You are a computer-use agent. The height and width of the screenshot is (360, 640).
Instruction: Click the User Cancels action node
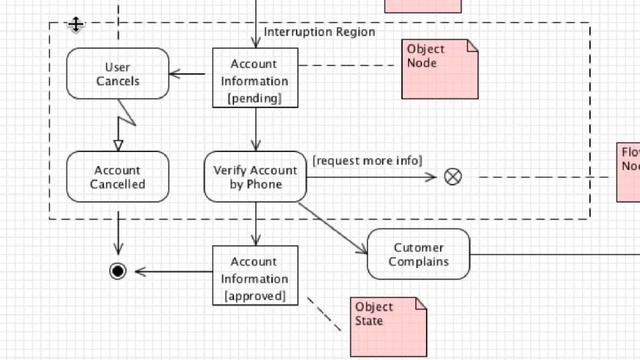[x=118, y=74]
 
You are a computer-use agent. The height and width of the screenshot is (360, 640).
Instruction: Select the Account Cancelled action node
[x=118, y=177]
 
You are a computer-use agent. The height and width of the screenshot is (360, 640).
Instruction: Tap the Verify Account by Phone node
[x=255, y=177]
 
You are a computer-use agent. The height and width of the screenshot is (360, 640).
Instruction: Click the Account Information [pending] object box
[x=255, y=77]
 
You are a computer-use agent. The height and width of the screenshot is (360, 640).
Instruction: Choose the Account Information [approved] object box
[x=255, y=275]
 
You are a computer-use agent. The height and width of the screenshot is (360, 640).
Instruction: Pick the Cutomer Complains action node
[x=418, y=254]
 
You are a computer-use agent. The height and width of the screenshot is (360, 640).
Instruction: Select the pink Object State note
[x=388, y=326]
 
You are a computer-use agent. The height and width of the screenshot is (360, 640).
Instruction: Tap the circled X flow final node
[x=453, y=177]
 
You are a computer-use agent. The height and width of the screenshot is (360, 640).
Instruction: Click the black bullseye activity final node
[x=118, y=271]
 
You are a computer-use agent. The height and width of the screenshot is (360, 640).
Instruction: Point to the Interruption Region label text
[x=319, y=32]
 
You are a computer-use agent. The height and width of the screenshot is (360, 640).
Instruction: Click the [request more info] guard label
[x=367, y=161]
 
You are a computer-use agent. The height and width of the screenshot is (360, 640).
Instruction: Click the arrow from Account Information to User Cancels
[x=191, y=73]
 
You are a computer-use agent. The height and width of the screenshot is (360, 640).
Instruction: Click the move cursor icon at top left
[x=76, y=25]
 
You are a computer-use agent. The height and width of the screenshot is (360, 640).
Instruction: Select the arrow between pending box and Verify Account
[x=255, y=129]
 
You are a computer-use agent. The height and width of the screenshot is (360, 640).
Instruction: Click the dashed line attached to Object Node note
[x=350, y=66]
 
